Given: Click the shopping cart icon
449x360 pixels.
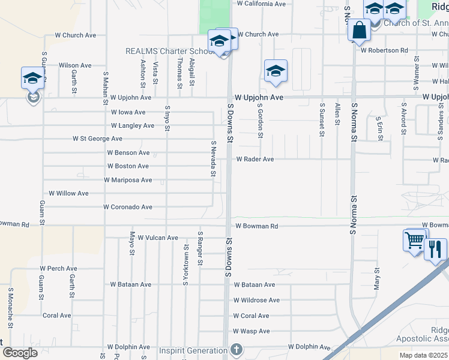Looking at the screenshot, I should tap(415, 241).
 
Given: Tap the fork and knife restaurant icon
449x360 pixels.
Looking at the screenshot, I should tap(435, 248).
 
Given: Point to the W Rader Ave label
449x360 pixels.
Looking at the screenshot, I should tap(255, 160).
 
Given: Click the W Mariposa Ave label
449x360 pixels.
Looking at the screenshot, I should tap(128, 180).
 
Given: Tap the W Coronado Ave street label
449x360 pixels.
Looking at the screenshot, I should tap(128, 207).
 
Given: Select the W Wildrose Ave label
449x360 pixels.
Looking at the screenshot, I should tap(256, 300).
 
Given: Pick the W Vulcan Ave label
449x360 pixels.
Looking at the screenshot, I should tap(158, 238).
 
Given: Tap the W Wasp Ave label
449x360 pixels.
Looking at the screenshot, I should tap(252, 331).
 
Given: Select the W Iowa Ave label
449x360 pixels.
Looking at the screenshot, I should tap(128, 112).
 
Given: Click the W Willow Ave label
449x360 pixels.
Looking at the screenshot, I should tap(68, 194).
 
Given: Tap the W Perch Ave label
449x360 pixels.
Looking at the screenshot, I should tap(58, 268).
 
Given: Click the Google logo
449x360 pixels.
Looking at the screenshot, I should tap(20, 353).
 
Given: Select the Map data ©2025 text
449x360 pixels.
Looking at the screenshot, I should tap(424, 355).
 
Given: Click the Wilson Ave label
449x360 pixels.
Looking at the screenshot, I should tap(75, 65).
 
